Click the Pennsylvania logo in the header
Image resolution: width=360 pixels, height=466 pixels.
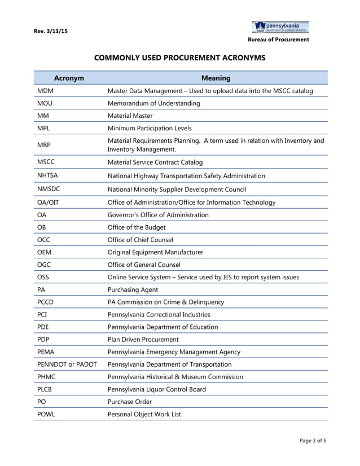tap(280, 27)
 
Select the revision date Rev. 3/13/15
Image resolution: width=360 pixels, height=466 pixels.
tap(51, 32)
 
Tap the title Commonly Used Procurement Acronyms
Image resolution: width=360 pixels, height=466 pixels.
tap(179, 58)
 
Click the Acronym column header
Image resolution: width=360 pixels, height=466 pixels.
tap(69, 78)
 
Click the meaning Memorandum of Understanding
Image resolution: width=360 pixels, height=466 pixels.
tap(153, 103)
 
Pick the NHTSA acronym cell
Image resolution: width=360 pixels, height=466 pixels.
tap(47, 176)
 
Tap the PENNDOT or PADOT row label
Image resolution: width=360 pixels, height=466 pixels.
tap(67, 364)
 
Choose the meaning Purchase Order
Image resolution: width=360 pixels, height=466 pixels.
tap(130, 402)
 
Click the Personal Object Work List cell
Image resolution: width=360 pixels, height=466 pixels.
tap(144, 414)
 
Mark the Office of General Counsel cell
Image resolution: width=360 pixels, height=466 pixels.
tap(144, 265)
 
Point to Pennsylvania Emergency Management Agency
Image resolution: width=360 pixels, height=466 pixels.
tap(174, 352)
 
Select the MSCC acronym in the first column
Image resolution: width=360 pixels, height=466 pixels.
tap(46, 162)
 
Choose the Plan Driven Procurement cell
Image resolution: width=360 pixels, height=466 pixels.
tap(143, 340)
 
